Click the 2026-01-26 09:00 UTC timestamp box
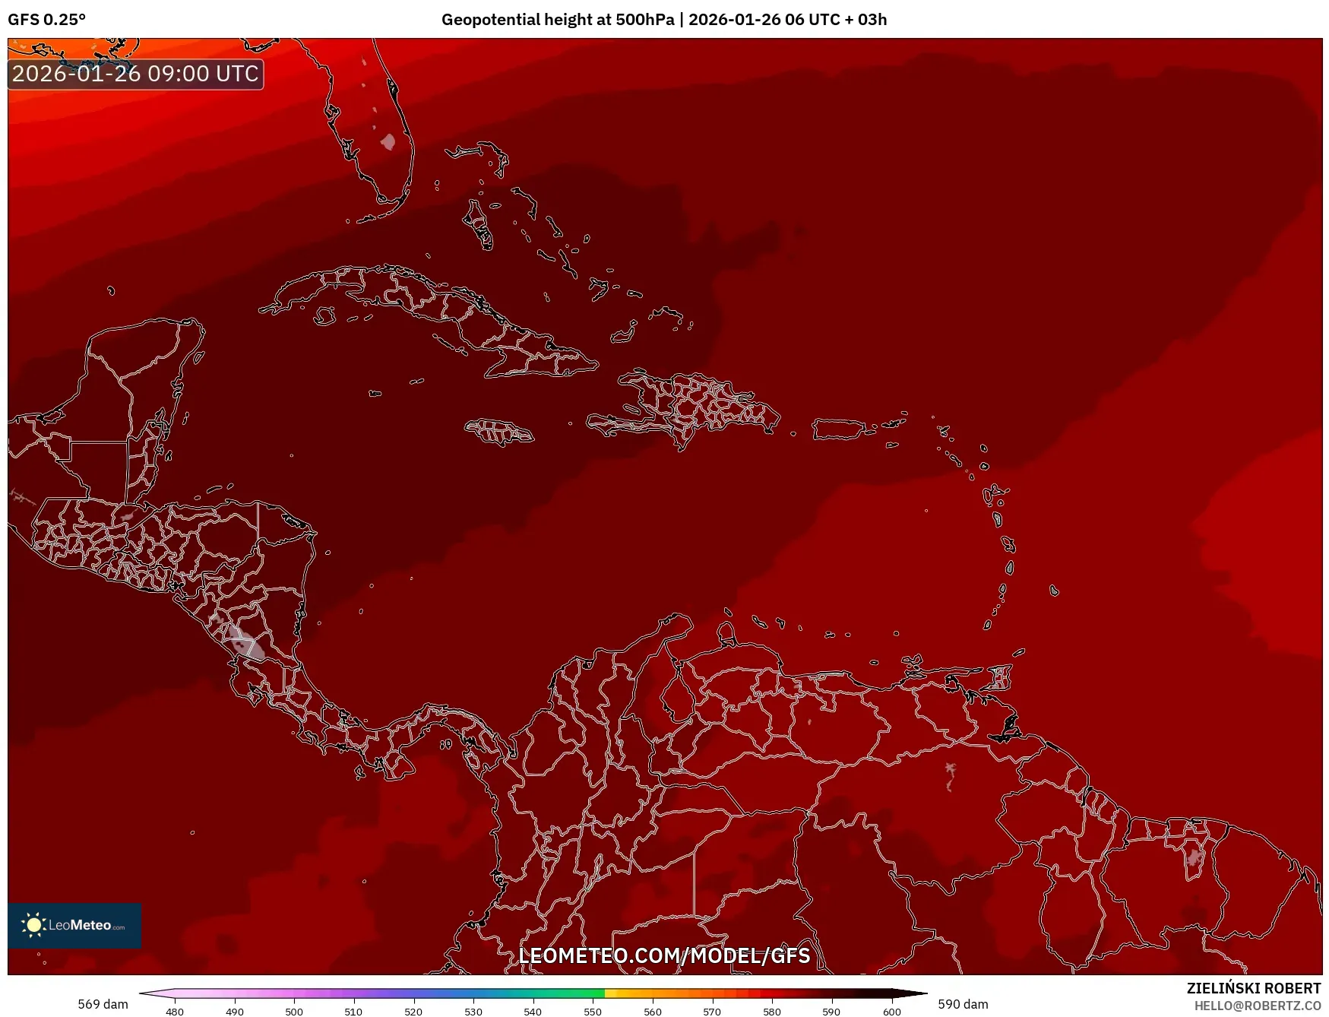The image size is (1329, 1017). pyautogui.click(x=135, y=74)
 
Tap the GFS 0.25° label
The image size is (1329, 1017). pyautogui.click(x=46, y=20)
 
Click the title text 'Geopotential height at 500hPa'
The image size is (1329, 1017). pyautogui.click(x=557, y=20)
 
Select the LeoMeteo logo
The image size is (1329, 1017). pyautogui.click(x=74, y=925)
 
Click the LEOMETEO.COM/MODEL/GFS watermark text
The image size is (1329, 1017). pyautogui.click(x=664, y=955)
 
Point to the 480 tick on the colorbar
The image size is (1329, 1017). pyautogui.click(x=175, y=1011)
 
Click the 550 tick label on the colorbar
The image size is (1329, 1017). pyautogui.click(x=593, y=1011)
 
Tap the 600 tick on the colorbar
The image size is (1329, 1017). pyautogui.click(x=892, y=1011)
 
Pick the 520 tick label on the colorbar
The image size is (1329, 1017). pyautogui.click(x=413, y=1011)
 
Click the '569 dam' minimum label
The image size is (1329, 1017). pyautogui.click(x=103, y=1004)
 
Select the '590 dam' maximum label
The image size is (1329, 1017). pyautogui.click(x=963, y=1004)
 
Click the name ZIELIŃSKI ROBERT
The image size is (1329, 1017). pyautogui.click(x=1254, y=988)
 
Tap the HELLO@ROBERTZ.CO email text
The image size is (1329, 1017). pyautogui.click(x=1258, y=1006)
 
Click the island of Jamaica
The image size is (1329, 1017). pyautogui.click(x=499, y=432)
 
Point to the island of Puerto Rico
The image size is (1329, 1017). pyautogui.click(x=839, y=429)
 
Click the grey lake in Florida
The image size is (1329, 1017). pyautogui.click(x=388, y=141)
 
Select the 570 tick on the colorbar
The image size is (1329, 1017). pyautogui.click(x=712, y=1011)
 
